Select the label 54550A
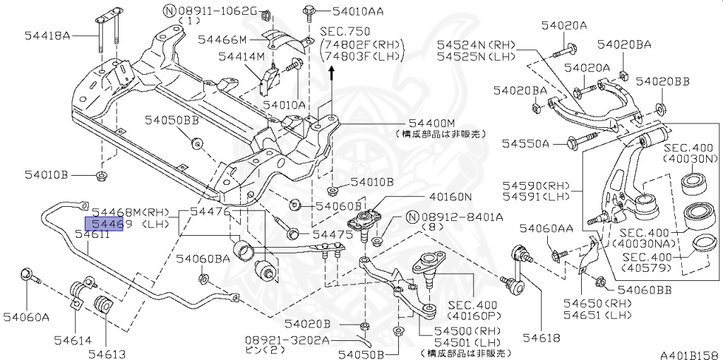526,143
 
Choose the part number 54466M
222,40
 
